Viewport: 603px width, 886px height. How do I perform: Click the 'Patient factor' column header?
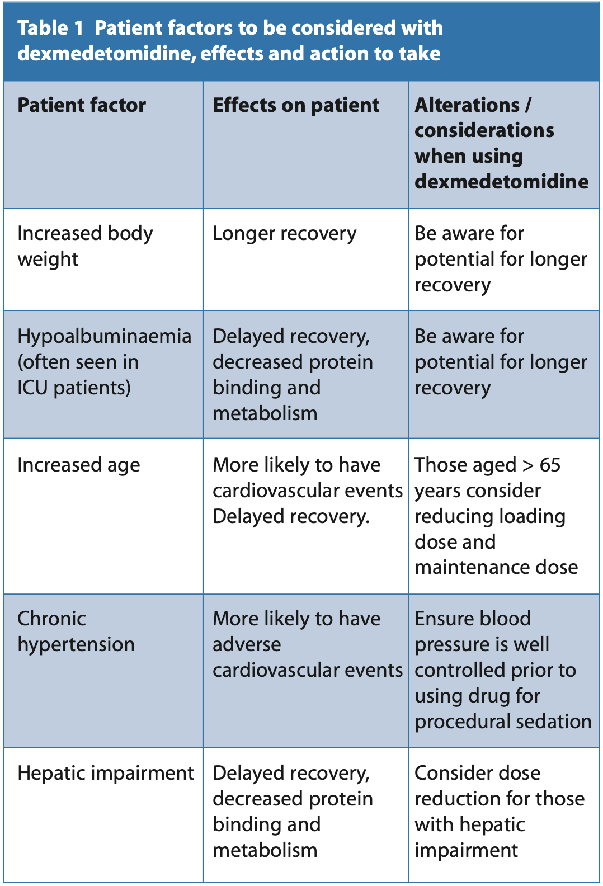coord(82,106)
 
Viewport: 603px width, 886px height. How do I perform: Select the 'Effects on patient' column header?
coord(296,106)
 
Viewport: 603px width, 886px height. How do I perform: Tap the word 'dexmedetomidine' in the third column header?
coord(501,182)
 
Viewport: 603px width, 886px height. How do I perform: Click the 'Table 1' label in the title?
coord(50,28)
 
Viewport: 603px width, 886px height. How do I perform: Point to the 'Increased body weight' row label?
coord(85,246)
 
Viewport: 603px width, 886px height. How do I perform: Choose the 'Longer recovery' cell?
coord(285,234)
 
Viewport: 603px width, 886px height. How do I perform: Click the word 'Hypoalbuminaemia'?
coord(105,336)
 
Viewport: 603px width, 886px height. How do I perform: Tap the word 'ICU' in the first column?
coord(32,388)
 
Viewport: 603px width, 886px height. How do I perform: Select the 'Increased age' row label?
coord(79,465)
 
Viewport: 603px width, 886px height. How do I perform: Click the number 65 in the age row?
coord(550,465)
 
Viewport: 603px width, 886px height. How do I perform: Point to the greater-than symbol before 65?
coord(528,465)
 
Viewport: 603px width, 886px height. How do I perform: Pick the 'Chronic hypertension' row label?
coord(76,631)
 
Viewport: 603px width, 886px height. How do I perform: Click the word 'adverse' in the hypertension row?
coord(247,645)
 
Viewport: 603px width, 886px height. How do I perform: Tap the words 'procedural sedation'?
coord(503,722)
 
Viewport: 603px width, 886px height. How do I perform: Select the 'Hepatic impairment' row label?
coord(106,773)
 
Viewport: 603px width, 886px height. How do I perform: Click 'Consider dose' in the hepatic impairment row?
coord(478,773)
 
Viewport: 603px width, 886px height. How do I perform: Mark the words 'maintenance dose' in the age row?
coord(496,568)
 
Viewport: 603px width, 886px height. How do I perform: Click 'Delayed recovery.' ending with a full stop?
coord(291,517)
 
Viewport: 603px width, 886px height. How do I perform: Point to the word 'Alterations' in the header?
coord(467,105)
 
